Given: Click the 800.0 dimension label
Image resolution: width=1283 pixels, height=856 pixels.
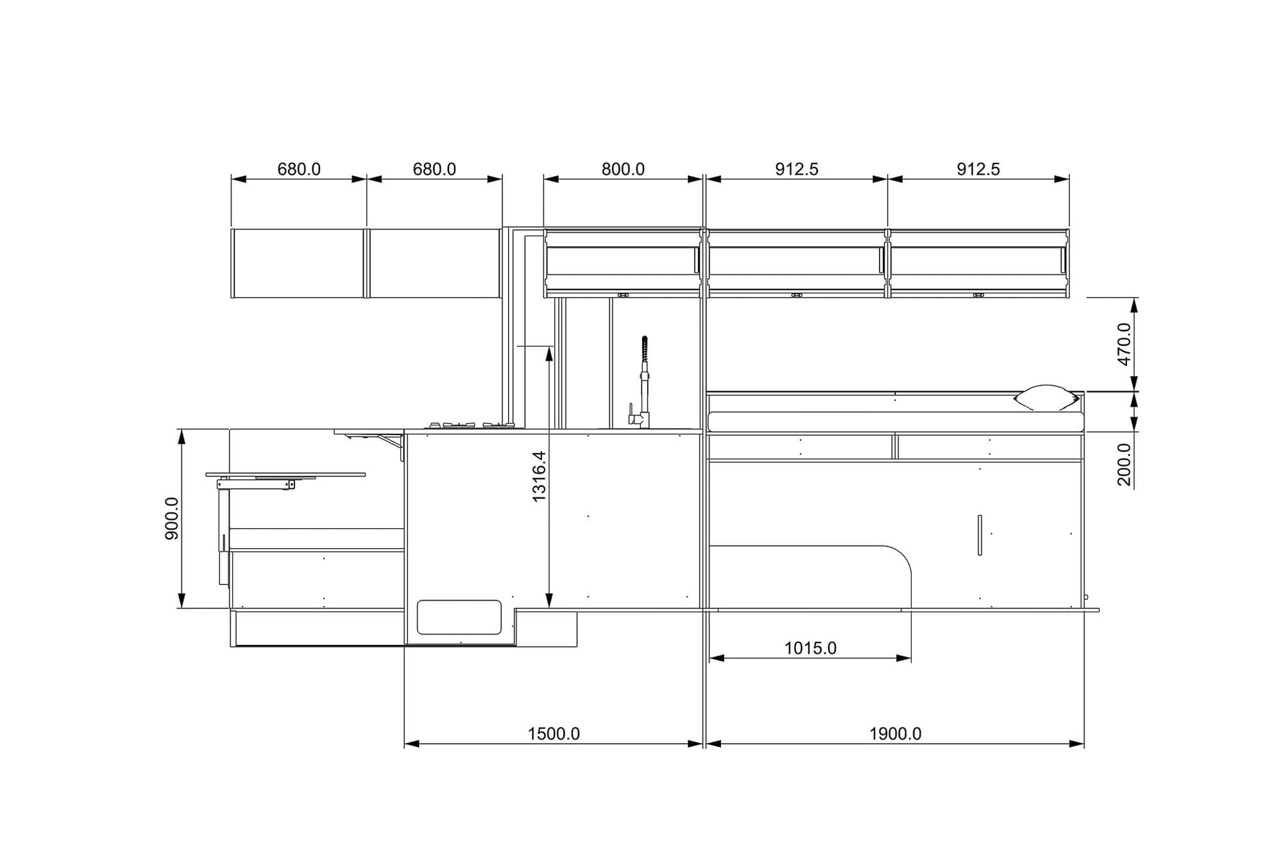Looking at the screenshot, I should click(x=622, y=169).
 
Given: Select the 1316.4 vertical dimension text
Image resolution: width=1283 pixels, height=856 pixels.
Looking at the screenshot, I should click(x=539, y=476).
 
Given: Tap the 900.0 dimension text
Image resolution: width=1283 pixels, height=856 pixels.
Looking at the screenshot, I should click(x=172, y=518).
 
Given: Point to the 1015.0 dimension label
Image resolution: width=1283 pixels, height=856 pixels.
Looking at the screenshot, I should click(x=810, y=648).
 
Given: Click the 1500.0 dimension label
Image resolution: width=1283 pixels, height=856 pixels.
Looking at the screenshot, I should click(x=553, y=733).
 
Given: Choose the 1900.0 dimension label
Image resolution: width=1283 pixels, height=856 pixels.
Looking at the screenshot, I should click(x=895, y=733).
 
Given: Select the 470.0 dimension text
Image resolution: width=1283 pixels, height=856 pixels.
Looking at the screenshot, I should click(x=1125, y=344).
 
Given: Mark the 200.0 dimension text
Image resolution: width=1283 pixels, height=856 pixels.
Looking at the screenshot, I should click(x=1125, y=464).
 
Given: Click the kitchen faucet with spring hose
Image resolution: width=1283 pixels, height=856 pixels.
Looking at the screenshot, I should click(x=643, y=385).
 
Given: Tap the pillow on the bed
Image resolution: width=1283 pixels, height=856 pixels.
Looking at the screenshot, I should click(x=1046, y=398).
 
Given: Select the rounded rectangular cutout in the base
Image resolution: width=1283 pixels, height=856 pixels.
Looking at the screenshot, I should click(x=459, y=617).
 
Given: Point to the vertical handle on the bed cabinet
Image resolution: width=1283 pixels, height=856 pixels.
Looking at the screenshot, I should click(x=980, y=535).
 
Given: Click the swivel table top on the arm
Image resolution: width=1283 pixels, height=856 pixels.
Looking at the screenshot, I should click(x=285, y=474).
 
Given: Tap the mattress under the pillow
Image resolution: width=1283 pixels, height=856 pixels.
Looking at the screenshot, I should click(x=895, y=422).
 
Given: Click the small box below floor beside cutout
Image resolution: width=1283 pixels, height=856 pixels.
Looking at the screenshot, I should click(x=546, y=629).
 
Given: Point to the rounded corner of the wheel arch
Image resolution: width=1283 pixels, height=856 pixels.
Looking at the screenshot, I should click(x=901, y=557).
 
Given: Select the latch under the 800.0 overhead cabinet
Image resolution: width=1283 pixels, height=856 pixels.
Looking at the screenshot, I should click(x=622, y=295).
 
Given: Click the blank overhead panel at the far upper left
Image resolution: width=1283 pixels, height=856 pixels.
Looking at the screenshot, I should click(x=298, y=263).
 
